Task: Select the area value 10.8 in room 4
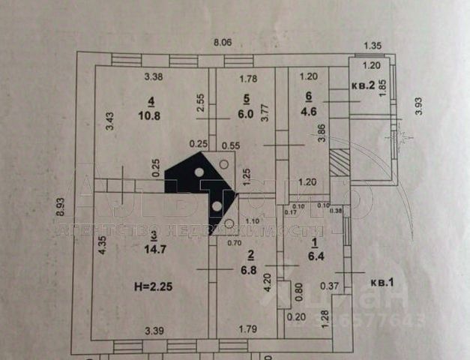click(152, 117)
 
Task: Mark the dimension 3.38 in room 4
click(154, 76)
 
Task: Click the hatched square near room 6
click(340, 163)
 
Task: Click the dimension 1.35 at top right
click(373, 46)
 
